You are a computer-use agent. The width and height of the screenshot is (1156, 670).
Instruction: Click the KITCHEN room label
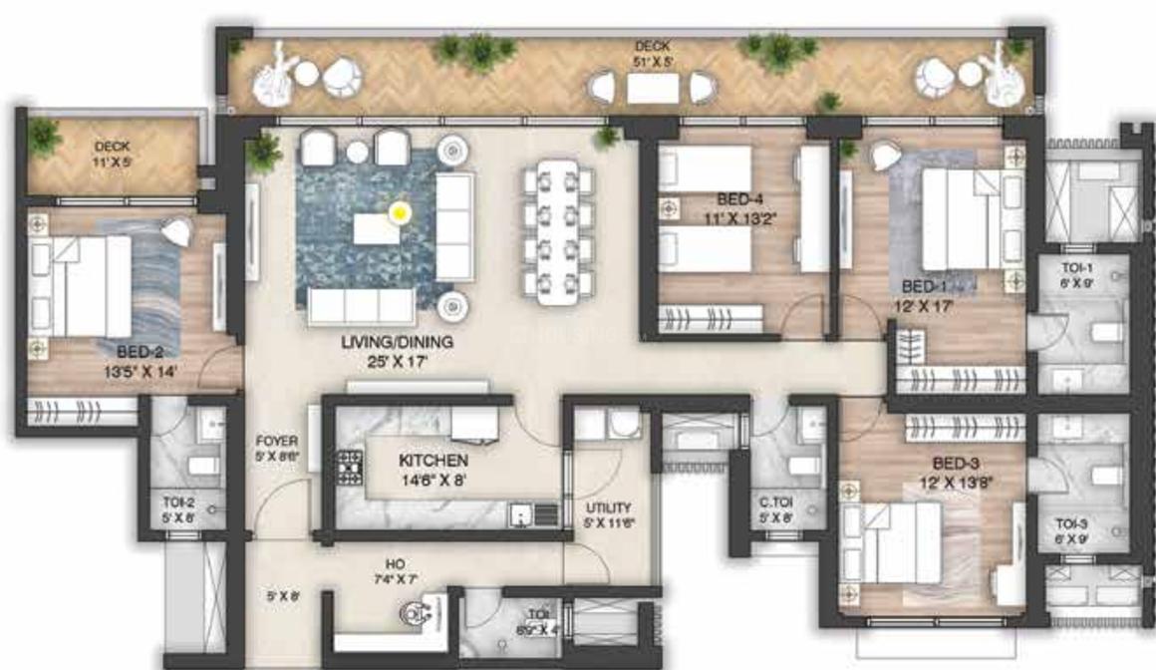[x=433, y=462]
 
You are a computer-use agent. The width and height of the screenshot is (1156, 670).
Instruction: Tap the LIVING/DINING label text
[x=397, y=342]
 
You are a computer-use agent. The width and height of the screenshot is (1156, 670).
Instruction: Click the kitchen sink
[x=520, y=514]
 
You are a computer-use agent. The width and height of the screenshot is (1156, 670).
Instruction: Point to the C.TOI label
[x=774, y=503]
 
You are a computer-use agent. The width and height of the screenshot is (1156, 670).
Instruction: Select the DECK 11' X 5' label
[x=113, y=153]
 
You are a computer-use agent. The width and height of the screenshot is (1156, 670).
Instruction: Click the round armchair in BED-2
[x=175, y=231]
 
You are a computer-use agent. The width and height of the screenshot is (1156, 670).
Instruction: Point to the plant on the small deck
[x=45, y=137]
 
